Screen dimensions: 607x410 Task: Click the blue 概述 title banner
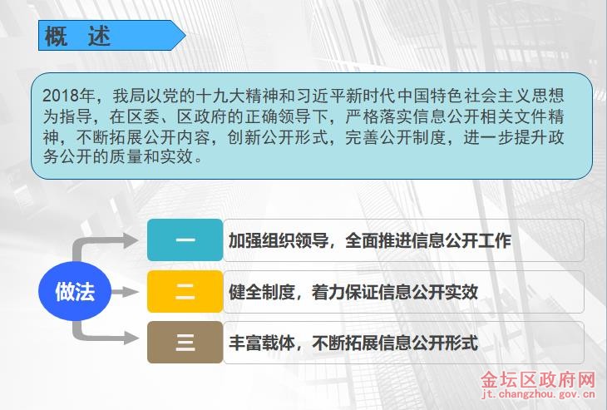click(111, 35)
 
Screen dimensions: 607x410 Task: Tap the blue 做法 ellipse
click(75, 291)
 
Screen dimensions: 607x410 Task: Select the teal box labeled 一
click(185, 240)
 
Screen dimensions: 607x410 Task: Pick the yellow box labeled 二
click(185, 292)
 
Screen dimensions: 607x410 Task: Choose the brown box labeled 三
click(185, 343)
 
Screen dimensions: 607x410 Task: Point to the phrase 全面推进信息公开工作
click(428, 240)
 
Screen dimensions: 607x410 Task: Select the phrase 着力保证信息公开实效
click(395, 292)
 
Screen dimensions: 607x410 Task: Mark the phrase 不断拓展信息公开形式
click(395, 343)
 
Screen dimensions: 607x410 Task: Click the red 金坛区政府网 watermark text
click(538, 380)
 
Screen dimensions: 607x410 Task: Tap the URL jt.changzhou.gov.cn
click(539, 394)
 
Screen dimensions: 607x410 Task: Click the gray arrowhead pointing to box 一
click(131, 240)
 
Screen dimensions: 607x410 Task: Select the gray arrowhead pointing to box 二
click(131, 292)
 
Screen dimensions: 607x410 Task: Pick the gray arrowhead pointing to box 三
click(131, 338)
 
